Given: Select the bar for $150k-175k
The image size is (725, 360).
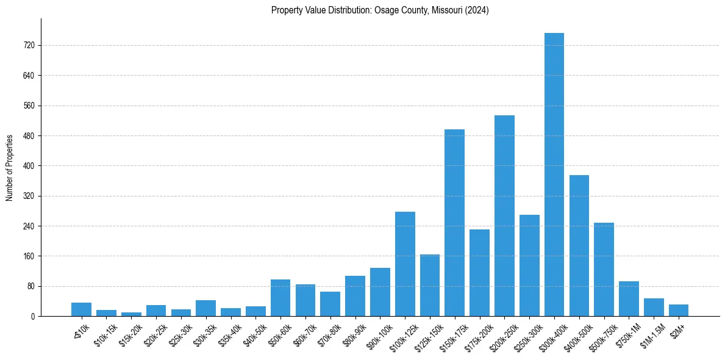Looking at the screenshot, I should tap(454, 223).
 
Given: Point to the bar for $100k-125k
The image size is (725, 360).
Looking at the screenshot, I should tap(405, 264).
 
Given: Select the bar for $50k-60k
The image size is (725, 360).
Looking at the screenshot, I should tap(280, 298).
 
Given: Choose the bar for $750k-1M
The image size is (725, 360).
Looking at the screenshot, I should tap(629, 298).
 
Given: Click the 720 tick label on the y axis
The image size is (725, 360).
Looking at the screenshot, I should tap(29, 46).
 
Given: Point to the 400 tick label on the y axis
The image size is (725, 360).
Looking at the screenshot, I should tap(29, 166).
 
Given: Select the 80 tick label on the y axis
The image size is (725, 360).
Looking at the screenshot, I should tap(30, 286).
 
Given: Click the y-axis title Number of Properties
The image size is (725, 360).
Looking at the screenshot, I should tap(9, 167).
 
